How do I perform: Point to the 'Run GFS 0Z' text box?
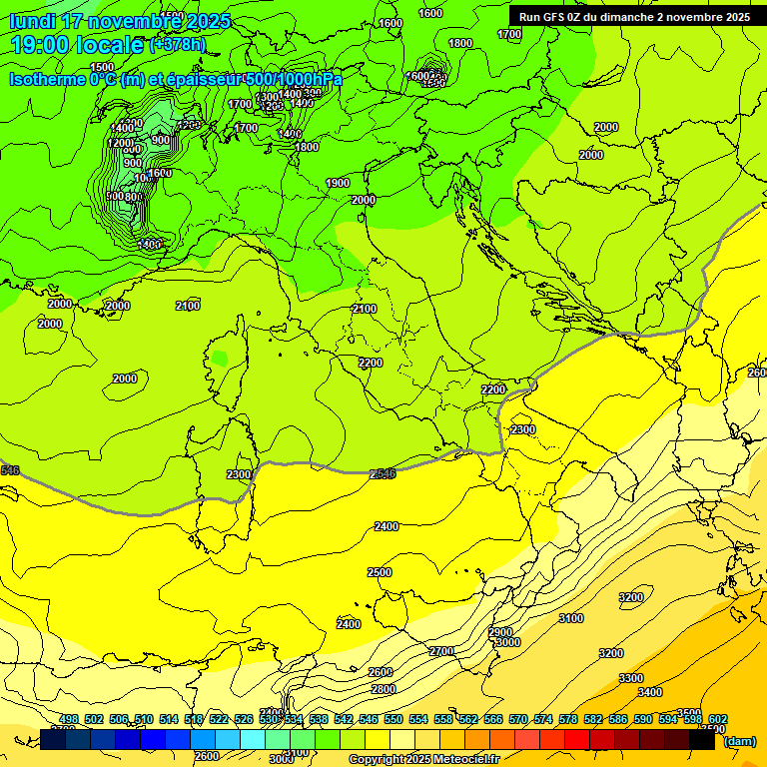pos(634,17)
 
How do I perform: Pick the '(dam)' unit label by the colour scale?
pos(740,741)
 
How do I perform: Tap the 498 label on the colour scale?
pos(69,719)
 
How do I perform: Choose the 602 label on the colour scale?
pos(718,719)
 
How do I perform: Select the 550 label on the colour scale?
pos(393,719)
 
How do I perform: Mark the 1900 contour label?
pos(338,183)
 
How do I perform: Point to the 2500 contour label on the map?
pos(380,572)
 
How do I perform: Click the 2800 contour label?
pos(383,689)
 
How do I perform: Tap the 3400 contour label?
pos(649,692)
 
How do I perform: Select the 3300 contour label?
pos(631,678)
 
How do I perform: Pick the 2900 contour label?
pos(500,632)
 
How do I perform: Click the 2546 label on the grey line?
pos(383,473)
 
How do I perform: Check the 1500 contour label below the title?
pos(102,67)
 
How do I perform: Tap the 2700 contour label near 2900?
pos(440,651)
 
